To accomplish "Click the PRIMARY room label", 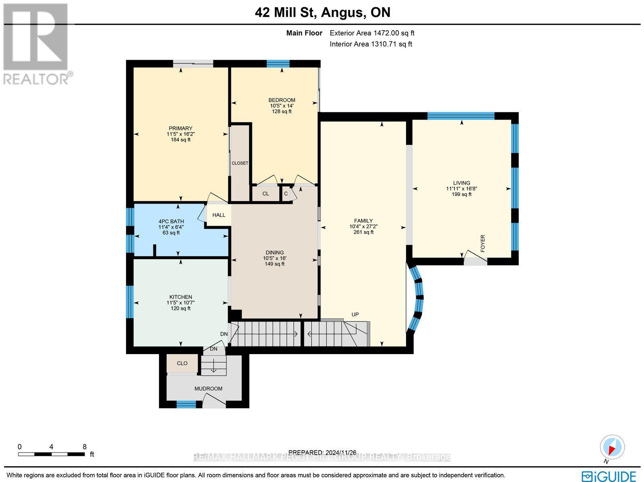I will pos(180,128).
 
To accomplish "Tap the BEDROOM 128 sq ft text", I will pos(282,111).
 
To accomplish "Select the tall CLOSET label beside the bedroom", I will pos(240,163).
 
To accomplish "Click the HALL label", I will pos(219,215).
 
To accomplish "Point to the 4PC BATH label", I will pos(171,221).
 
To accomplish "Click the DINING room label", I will pos(275,253).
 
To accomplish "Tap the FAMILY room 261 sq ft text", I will pos(363,232).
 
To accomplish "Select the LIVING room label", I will pos(461,183).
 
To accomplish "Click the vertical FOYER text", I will pos(483,243).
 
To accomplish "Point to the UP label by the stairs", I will pos(355,315).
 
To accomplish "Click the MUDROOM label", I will pos(208,389).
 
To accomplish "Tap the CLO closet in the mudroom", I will pos(182,363).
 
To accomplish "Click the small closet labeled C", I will pos(286,194).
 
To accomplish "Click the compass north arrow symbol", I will pos(612,447).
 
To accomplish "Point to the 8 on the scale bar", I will pos(85,447).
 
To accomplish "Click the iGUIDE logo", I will pos(609,476).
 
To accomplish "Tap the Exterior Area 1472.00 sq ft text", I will pos(372,33).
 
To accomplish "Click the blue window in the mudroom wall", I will pos(186,404).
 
